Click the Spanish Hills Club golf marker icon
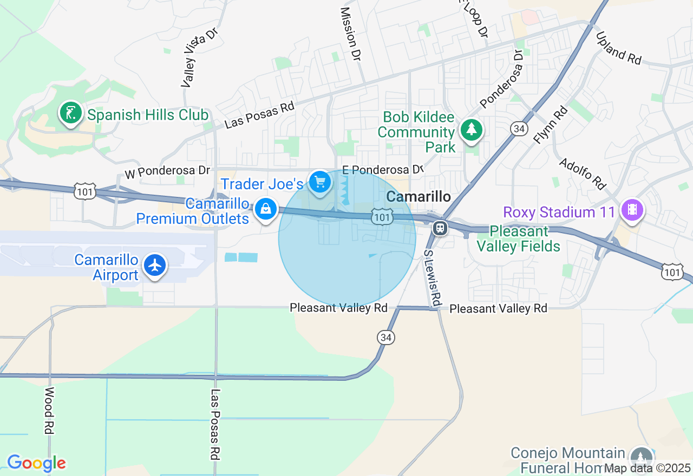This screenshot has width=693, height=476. pyautogui.click(x=70, y=113)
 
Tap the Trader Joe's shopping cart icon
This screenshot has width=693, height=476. pyautogui.click(x=320, y=182)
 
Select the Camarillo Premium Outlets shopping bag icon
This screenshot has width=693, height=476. pyautogui.click(x=265, y=208)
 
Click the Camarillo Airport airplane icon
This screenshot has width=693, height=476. pyautogui.click(x=155, y=265)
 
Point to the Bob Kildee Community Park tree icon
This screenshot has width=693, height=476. pyautogui.click(x=472, y=130)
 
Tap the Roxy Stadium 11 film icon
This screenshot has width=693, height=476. pyautogui.click(x=632, y=209)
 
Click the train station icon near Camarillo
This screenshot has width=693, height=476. pyautogui.click(x=440, y=228)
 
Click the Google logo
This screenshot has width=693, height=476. pyautogui.click(x=36, y=464)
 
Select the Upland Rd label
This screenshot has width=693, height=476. pyautogui.click(x=618, y=48)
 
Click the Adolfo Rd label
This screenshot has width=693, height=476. pyautogui.click(x=582, y=174)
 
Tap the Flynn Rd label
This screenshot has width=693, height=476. pyautogui.click(x=551, y=124)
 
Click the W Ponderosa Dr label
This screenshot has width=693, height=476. pyautogui.click(x=167, y=171)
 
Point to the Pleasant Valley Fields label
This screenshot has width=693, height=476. pyautogui.click(x=518, y=239)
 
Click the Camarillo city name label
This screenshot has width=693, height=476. pyautogui.click(x=419, y=196)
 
